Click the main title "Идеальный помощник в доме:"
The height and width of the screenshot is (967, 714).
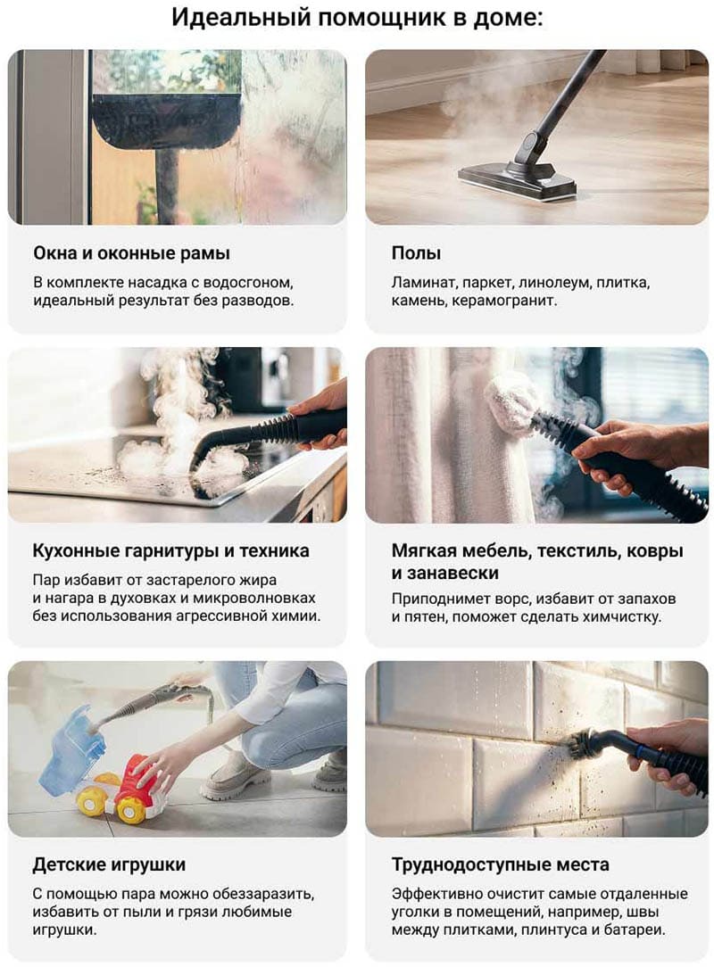point(357,18)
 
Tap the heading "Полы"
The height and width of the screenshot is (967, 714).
point(416,253)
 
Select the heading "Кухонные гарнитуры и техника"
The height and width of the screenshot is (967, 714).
point(171,550)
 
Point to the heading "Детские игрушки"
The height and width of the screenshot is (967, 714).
point(109,864)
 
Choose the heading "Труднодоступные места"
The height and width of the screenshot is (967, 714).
point(501,865)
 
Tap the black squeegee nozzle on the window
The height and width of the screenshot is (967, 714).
point(166,120)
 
